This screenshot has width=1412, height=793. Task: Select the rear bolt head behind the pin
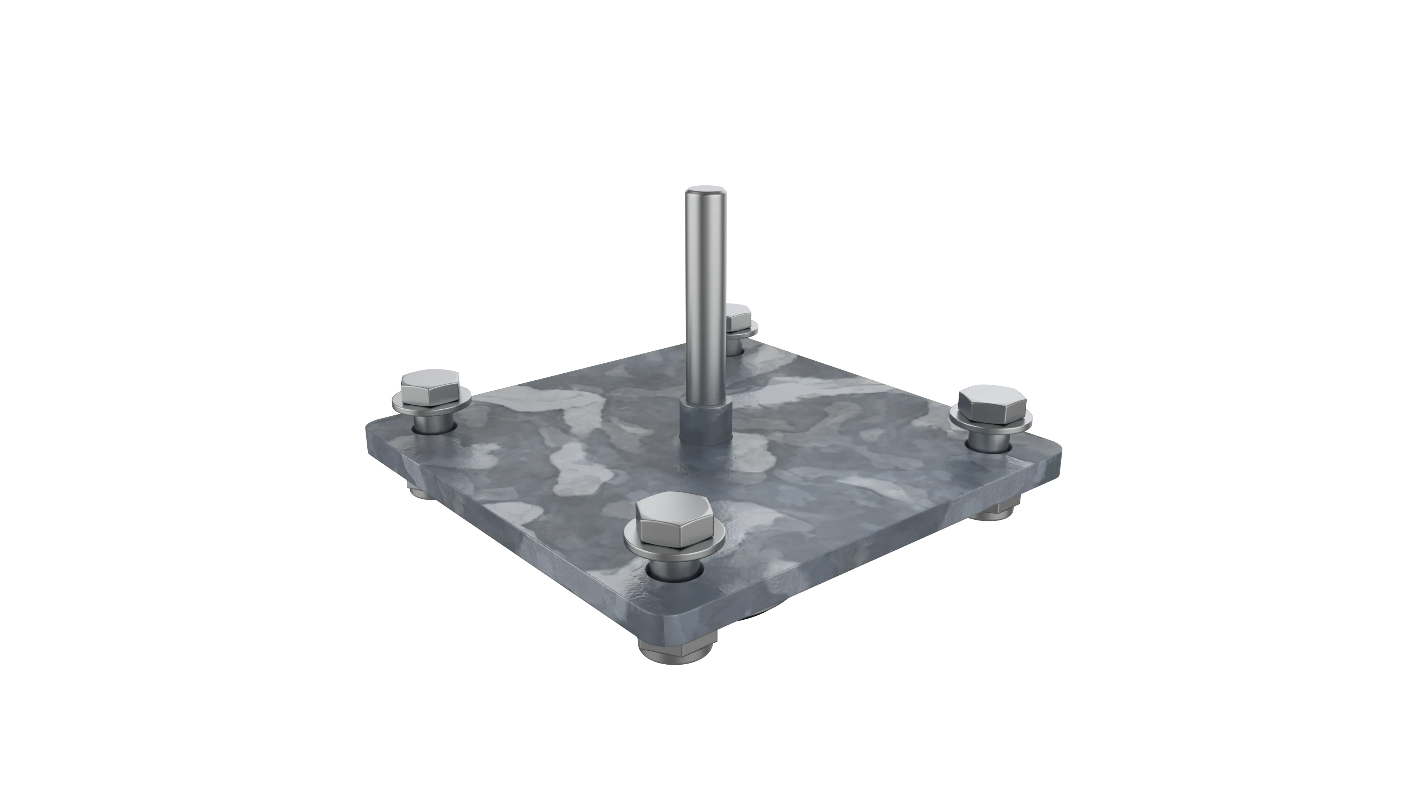[740, 317]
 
